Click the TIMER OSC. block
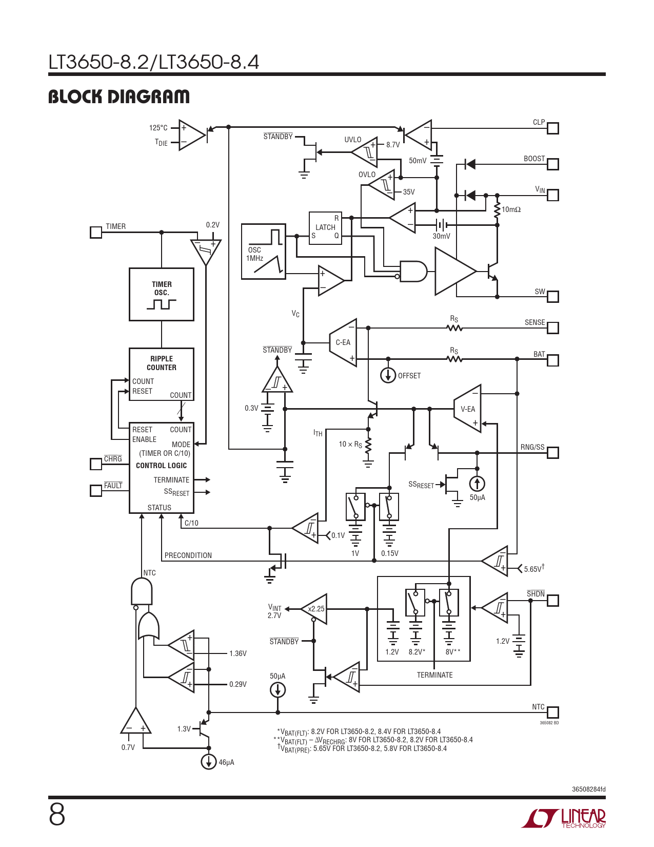[162, 294]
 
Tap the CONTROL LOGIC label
[162, 466]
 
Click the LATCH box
[325, 227]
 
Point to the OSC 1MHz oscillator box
[263, 252]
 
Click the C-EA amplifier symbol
[343, 342]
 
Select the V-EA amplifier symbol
[468, 409]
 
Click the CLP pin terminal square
[553, 128]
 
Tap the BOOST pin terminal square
[553, 164]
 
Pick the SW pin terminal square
[553, 297]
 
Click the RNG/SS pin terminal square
[553, 453]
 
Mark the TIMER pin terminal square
[96, 233]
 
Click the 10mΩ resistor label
[511, 209]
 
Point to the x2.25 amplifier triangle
[314, 609]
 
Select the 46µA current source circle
[208, 762]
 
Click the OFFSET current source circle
[388, 375]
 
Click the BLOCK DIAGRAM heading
[119, 97]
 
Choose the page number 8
[57, 815]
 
